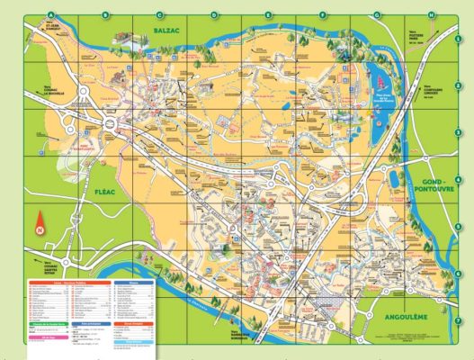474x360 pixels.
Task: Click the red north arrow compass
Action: [40, 225]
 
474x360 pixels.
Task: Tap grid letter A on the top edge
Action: [51, 14]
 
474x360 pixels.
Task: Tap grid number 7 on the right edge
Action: [458, 319]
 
